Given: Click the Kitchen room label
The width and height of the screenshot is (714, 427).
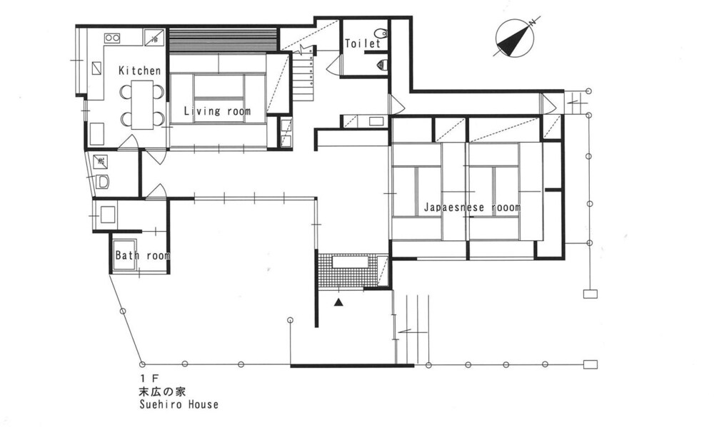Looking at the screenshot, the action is point(140,71).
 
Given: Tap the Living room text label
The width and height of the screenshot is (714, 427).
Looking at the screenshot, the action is point(217,111).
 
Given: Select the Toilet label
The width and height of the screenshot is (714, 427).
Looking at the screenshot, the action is point(363,43).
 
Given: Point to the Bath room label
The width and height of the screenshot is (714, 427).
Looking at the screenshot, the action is point(143,256).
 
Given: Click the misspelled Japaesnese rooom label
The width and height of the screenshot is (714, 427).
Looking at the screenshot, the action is point(472,207).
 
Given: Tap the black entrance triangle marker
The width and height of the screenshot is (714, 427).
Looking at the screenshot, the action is point(338,302).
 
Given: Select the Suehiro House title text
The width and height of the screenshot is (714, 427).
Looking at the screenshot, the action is point(179,404).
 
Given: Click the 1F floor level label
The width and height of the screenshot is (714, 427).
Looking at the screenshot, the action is point(148,377).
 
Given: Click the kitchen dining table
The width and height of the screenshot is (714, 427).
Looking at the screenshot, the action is point(143,105).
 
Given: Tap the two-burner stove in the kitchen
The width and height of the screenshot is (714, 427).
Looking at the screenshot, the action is point(113,38).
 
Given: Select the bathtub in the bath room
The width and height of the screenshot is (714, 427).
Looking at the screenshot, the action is point(124,254).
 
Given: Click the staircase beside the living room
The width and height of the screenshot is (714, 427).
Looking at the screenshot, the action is point(303,76).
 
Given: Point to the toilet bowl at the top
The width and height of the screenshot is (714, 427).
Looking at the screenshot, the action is point(380,33).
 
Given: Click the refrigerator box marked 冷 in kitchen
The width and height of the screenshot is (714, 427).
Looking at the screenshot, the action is point(154,37).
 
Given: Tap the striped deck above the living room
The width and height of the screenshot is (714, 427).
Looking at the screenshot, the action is point(223,40).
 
